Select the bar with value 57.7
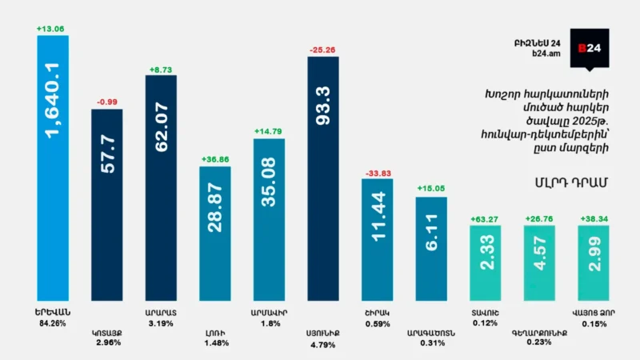click(x=106, y=205)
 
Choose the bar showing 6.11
click(x=431, y=249)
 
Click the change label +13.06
click(x=50, y=30)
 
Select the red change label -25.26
click(x=322, y=50)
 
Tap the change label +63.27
click(x=485, y=219)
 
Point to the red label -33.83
click(x=376, y=173)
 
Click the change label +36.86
click(x=214, y=160)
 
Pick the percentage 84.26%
click(x=52, y=323)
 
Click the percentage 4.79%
click(x=322, y=345)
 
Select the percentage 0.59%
click(x=376, y=323)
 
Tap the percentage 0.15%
click(x=594, y=323)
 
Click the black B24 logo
click(x=594, y=49)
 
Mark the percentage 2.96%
click(x=106, y=345)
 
